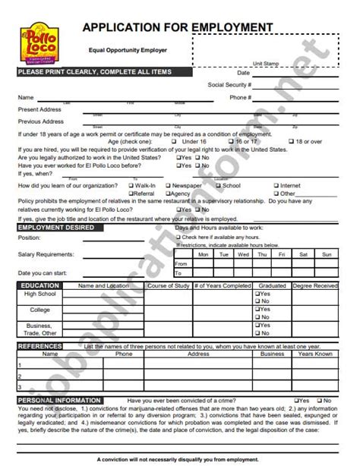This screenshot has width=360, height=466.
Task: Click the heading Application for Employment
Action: point(178,27)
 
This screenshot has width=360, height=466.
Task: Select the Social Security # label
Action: point(229,85)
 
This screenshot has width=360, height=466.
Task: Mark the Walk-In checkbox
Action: point(131,185)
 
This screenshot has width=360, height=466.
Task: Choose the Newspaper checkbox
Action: point(168,185)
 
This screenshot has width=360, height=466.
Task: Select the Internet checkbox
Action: point(276,185)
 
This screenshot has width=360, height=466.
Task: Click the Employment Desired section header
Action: point(57,228)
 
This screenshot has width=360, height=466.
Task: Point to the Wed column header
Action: point(242,254)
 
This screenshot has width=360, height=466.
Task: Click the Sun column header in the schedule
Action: point(327,254)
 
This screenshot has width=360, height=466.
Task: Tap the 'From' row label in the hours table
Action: point(181,263)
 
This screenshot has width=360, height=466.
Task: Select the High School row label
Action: point(40,294)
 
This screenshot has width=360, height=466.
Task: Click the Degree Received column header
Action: point(315,286)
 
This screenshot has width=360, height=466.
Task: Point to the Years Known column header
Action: point(315,354)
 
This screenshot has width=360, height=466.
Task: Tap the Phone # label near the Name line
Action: point(241,97)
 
